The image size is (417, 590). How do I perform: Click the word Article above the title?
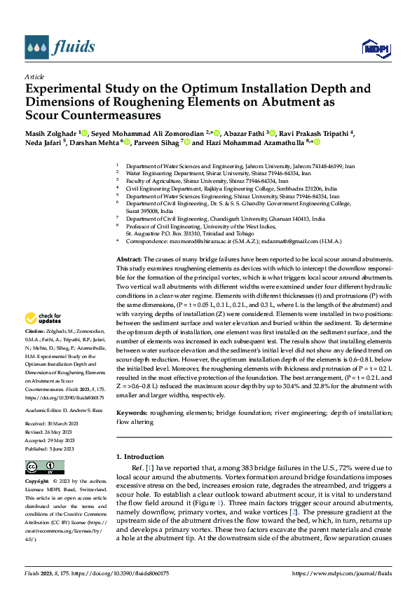(34, 76)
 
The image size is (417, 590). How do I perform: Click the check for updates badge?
(44, 318)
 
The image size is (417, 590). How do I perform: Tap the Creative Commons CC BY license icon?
(44, 467)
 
